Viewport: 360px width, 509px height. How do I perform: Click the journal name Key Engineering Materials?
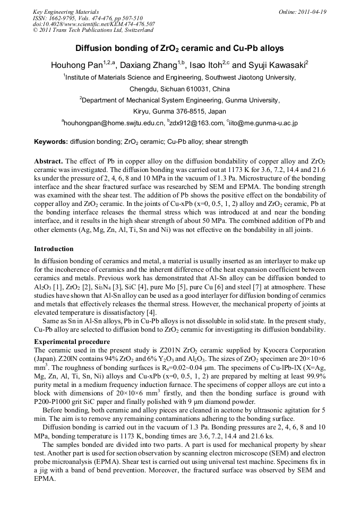[65, 11]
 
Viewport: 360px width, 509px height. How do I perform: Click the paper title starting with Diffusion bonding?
[179, 48]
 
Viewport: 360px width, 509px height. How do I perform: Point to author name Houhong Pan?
[76, 66]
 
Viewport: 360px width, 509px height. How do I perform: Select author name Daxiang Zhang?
[152, 66]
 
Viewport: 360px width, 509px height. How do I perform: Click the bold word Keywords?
[50, 142]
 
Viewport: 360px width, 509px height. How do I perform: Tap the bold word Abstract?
[49, 161]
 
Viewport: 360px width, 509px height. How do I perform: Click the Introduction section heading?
[54, 248]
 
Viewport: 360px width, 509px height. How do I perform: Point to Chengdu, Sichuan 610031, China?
[179, 89]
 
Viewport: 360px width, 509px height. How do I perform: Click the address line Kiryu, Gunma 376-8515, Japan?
[179, 111]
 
